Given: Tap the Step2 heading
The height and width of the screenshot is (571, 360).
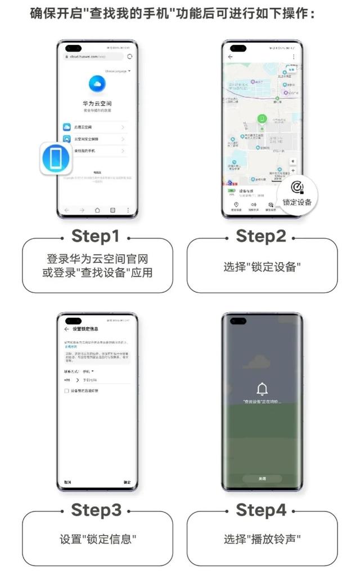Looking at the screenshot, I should [x=261, y=236].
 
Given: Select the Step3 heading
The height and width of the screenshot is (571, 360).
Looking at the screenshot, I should [x=96, y=510].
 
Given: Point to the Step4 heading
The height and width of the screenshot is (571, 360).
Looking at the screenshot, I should [x=261, y=510].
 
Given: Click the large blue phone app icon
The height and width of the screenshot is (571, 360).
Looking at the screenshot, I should [x=57, y=159].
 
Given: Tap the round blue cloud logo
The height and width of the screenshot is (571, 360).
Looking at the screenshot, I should [x=97, y=84].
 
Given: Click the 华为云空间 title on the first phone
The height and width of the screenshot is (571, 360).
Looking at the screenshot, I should [x=97, y=105].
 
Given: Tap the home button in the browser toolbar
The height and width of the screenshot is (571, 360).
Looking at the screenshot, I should [x=97, y=210].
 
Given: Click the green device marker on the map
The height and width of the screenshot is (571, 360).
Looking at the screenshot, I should [x=262, y=119].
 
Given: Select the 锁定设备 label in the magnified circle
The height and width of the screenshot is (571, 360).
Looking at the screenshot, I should [x=297, y=202].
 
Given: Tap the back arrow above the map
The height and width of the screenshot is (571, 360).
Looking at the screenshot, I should [x=231, y=57].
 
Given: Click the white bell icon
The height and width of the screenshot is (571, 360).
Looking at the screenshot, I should [x=262, y=389].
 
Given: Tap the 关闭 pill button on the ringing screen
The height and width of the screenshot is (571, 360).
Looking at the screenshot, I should [x=262, y=479].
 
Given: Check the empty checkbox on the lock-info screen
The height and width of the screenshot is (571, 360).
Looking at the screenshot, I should [x=67, y=390].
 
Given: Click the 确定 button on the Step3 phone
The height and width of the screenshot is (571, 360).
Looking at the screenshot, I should [x=127, y=482].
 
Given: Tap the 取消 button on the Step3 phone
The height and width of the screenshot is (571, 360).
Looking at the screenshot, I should [x=67, y=482].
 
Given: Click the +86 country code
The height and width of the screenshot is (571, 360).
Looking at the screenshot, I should [x=67, y=381].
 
